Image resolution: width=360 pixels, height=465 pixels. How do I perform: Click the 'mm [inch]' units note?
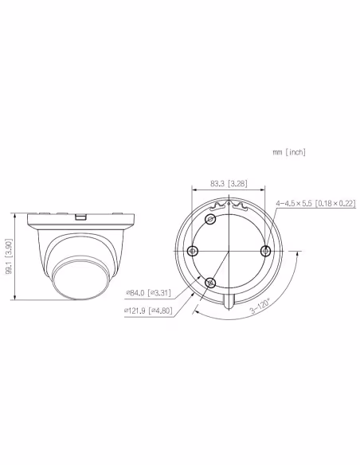pyautogui.click(x=289, y=152)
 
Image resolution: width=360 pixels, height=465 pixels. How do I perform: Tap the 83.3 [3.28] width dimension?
pyautogui.click(x=229, y=184)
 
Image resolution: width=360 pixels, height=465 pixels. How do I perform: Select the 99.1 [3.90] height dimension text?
pyautogui.click(x=10, y=256)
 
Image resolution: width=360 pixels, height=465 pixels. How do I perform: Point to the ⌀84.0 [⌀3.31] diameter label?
pyautogui.click(x=149, y=293)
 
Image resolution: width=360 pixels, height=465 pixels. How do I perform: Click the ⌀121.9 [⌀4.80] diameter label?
pyautogui.click(x=148, y=311)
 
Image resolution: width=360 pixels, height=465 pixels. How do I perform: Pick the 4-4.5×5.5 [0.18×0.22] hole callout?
pyautogui.click(x=316, y=203)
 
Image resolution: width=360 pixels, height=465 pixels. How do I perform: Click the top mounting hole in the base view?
pyautogui.click(x=210, y=220)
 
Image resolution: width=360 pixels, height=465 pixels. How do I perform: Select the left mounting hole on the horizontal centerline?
pyautogui.click(x=193, y=251)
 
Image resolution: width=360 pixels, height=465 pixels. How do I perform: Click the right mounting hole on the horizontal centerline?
pyautogui.click(x=265, y=251)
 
